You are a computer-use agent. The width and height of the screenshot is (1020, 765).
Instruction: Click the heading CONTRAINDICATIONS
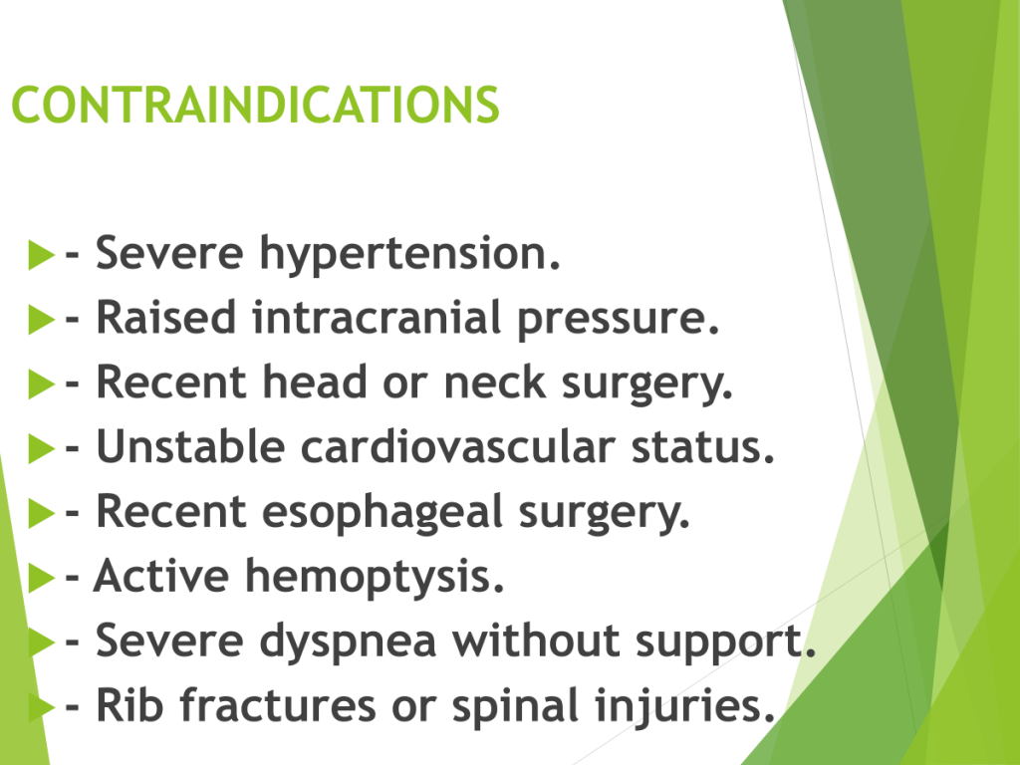tap(256, 105)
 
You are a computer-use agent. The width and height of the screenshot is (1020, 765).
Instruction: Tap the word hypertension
tap(409, 255)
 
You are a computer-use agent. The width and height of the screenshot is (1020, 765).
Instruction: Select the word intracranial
tap(377, 318)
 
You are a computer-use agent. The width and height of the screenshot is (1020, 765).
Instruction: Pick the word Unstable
tap(190, 447)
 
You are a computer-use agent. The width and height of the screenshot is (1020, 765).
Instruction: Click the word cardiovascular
tap(458, 447)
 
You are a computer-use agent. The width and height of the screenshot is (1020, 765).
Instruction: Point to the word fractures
tap(278, 705)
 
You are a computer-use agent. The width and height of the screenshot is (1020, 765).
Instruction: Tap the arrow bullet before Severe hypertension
tap(42, 254)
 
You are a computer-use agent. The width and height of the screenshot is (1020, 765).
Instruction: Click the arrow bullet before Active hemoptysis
tap(42, 579)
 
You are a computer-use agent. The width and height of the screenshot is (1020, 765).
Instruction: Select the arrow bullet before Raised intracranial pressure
tap(42, 320)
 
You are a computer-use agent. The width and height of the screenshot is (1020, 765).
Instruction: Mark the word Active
tap(161, 576)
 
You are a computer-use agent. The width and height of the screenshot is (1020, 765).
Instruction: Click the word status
tap(703, 447)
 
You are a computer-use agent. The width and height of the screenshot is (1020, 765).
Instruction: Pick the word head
tap(315, 382)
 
